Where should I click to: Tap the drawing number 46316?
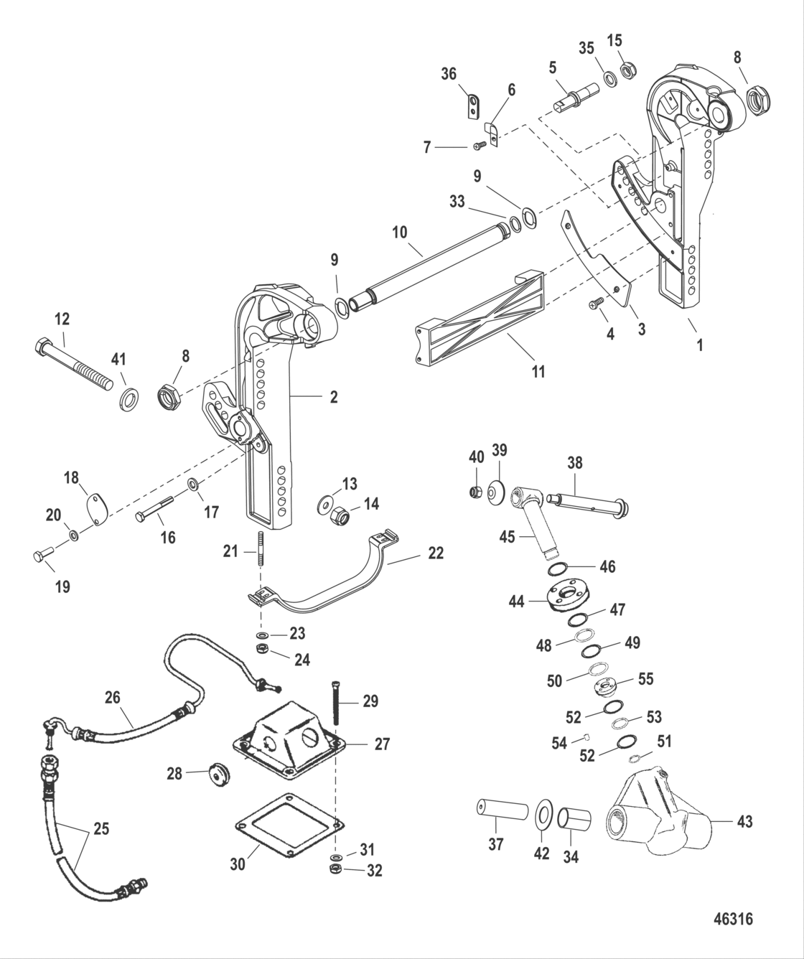(733, 920)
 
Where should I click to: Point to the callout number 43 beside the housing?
(744, 820)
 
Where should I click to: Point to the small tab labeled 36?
(469, 106)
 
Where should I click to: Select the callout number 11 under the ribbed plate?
(538, 371)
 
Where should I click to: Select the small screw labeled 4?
(595, 305)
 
